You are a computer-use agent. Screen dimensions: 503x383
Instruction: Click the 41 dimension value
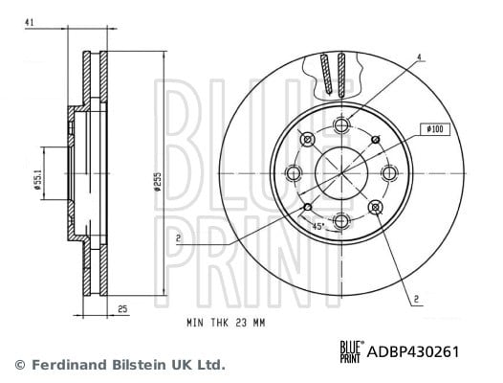pos(30,22)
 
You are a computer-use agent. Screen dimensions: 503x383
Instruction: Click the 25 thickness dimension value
pos(122,309)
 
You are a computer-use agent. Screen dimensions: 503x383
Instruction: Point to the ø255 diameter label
pos(157,182)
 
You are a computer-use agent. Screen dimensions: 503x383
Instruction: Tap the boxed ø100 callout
pos(435,129)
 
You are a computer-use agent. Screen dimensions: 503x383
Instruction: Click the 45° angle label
pos(318,226)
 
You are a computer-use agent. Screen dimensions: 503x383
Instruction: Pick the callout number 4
pos(419,57)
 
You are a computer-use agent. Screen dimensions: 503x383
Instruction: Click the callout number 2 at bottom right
pos(416,300)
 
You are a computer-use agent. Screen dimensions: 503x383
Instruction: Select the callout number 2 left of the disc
pos(179,238)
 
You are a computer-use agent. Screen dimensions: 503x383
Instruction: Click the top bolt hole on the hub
pos(341,124)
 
